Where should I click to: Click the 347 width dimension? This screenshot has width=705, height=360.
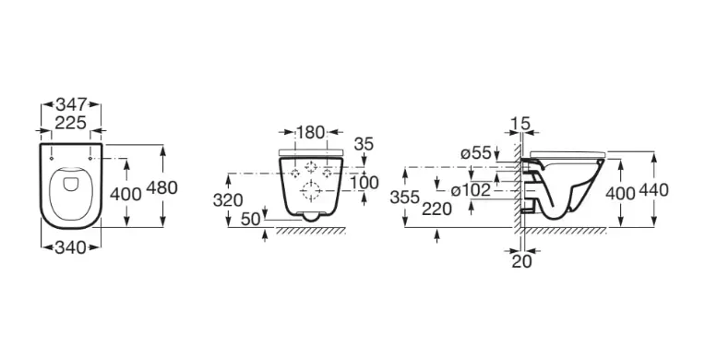coord(71,105)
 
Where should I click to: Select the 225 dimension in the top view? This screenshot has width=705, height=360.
coord(71,122)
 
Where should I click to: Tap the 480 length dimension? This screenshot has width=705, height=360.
coord(162,187)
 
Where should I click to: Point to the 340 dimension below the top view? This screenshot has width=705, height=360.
coord(70,247)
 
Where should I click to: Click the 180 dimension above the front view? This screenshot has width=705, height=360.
coord(311,132)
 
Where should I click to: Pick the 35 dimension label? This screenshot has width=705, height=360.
coord(364,144)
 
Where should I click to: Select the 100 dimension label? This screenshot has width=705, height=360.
coord(364,183)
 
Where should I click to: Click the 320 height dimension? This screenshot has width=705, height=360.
coord(228,200)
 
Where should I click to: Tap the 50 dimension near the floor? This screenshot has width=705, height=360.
coord(250,219)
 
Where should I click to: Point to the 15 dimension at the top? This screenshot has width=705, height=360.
coord(521,123)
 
